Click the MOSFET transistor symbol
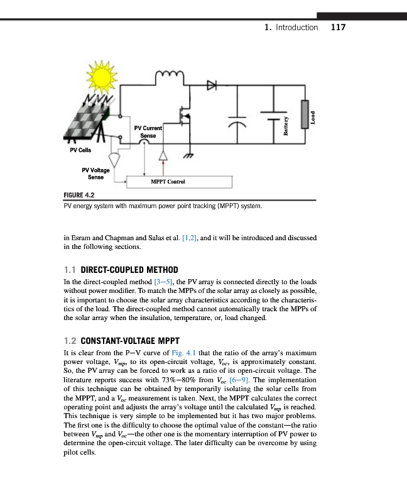(x=187, y=116)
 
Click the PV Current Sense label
(x=149, y=131)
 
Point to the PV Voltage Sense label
(x=95, y=174)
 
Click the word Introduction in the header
(x=296, y=28)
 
